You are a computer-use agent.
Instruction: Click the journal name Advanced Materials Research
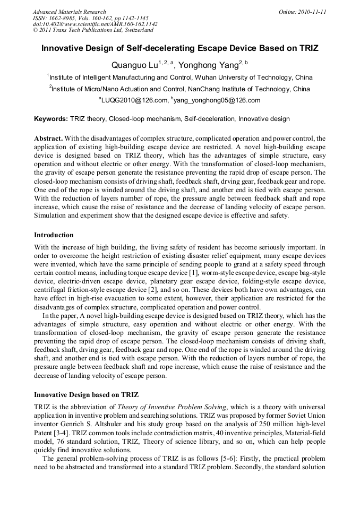69,12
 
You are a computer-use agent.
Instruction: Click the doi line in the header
95,24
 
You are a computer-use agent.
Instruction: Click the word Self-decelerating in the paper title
157,48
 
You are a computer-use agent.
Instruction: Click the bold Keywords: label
51,119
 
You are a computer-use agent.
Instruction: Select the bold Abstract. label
48,139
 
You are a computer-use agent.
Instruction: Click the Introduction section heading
54,235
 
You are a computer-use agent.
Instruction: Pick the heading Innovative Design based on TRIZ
86,395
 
